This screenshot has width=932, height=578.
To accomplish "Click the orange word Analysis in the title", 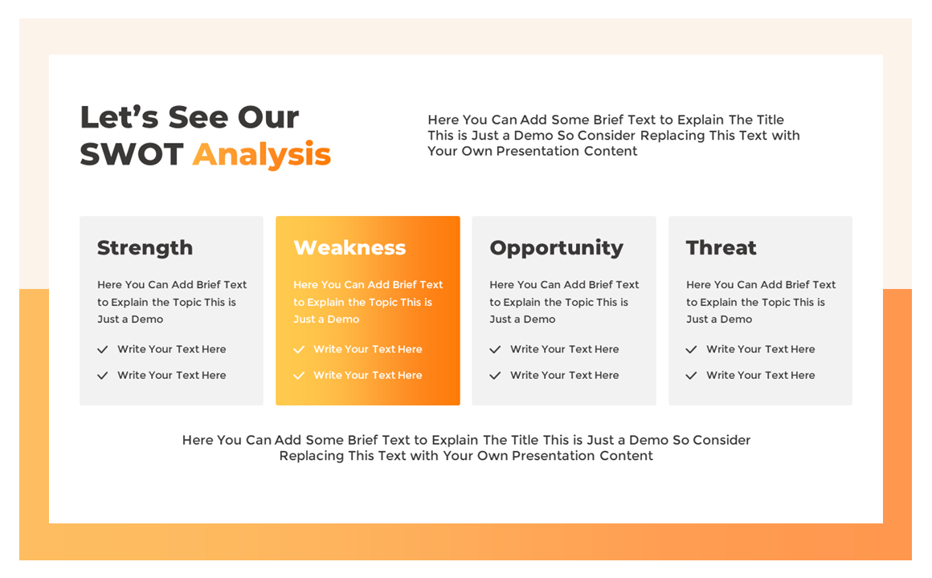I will pyautogui.click(x=262, y=154).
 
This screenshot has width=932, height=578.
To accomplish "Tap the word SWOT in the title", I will pyautogui.click(x=132, y=154).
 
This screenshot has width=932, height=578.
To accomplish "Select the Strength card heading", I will pyautogui.click(x=145, y=247).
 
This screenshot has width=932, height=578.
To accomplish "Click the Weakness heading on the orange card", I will pyautogui.click(x=349, y=247).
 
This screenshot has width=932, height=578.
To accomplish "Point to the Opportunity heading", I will pyautogui.click(x=556, y=247).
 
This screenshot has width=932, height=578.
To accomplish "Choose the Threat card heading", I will pyautogui.click(x=721, y=247).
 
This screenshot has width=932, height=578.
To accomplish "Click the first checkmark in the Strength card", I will pyautogui.click(x=103, y=349).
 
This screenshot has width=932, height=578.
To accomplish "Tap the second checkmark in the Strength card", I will pyautogui.click(x=103, y=375).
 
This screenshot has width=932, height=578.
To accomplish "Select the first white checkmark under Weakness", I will pyautogui.click(x=299, y=349).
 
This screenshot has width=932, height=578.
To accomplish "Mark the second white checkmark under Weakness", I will pyautogui.click(x=299, y=375).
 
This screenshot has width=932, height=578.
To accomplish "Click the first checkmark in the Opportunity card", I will pyautogui.click(x=495, y=349).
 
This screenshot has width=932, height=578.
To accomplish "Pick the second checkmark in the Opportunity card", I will pyautogui.click(x=495, y=375).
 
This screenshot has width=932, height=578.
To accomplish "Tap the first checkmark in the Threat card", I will pyautogui.click(x=691, y=349).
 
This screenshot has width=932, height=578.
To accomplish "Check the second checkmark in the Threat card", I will pyautogui.click(x=691, y=375).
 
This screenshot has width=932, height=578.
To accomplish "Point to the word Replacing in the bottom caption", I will pyautogui.click(x=312, y=456).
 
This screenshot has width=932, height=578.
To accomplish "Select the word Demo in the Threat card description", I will pyautogui.click(x=735, y=320).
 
